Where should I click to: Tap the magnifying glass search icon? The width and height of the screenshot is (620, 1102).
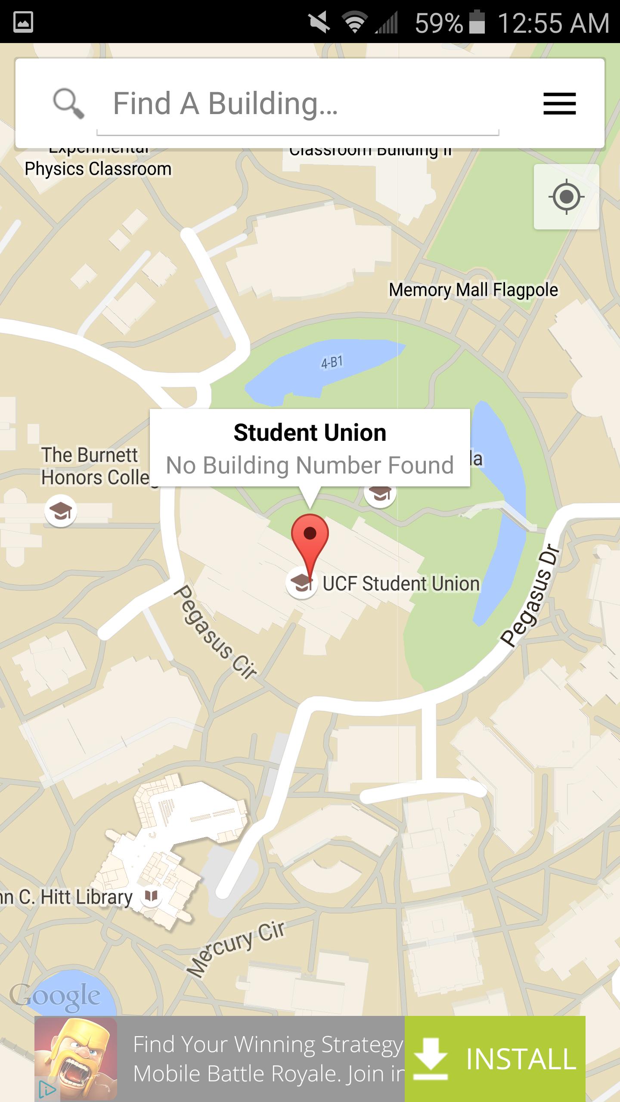(x=68, y=104)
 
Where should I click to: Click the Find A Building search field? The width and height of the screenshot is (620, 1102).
(x=297, y=104)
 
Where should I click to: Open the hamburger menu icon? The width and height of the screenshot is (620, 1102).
(x=559, y=104)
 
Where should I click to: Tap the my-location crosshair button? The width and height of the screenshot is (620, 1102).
(x=566, y=197)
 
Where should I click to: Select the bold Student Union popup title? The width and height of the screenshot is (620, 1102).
(x=310, y=433)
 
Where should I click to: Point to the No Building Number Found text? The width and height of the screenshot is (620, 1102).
(x=310, y=465)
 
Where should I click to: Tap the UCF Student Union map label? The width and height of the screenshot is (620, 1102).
(x=401, y=584)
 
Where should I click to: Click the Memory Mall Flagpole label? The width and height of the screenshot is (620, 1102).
(x=473, y=290)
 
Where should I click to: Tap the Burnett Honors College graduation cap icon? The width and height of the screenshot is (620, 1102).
(x=61, y=511)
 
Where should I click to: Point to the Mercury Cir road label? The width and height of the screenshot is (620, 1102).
(x=236, y=948)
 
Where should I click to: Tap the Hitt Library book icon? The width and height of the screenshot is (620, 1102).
(x=151, y=896)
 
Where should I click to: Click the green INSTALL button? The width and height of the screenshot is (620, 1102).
(x=495, y=1059)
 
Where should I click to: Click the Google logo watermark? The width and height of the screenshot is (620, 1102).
(x=55, y=997)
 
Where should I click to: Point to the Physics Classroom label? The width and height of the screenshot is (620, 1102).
(x=98, y=169)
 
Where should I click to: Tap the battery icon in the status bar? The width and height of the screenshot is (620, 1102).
(x=477, y=22)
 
